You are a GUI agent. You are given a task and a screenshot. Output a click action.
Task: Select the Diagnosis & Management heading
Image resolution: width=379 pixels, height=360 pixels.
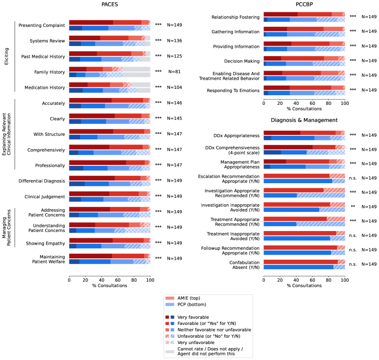click(304, 120)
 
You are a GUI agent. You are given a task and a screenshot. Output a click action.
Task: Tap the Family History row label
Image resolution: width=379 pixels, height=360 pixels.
click(50, 72)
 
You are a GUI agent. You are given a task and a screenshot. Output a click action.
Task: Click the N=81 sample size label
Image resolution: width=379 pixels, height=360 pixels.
click(174, 72)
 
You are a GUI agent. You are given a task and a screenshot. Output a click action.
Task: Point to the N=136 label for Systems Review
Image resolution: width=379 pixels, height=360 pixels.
click(174, 41)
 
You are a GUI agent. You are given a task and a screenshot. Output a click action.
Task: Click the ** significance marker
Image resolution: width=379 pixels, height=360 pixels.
click(353, 206)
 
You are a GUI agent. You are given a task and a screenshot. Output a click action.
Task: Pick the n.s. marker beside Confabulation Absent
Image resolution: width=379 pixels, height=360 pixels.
click(353, 264)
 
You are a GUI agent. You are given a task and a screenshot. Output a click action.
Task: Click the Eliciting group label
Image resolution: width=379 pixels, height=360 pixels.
click(6, 57)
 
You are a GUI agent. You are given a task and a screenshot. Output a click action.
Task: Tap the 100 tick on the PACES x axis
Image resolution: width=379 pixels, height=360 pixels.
click(150, 280)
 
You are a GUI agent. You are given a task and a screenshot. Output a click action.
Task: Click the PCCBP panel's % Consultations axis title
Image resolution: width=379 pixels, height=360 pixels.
click(304, 285)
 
